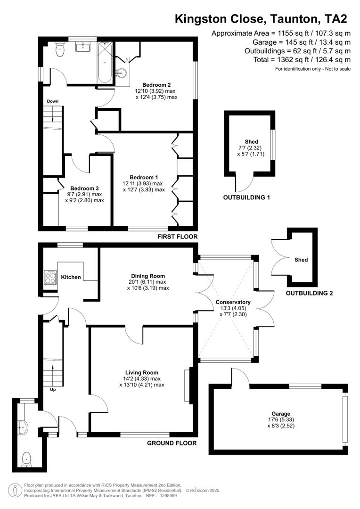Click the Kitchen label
71,277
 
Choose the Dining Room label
147,276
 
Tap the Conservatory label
233,302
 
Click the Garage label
280,414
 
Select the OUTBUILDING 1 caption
246,197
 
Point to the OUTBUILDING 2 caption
309,293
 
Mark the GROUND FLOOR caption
172,443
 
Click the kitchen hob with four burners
50,277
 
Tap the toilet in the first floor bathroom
59,49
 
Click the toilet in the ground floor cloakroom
27,457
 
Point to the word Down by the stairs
52,101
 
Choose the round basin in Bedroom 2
122,74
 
